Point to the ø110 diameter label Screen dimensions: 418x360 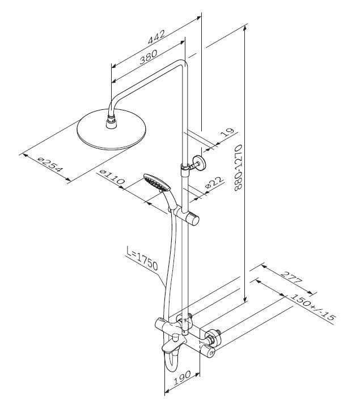coord(112,179)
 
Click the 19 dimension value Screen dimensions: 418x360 coord(226,134)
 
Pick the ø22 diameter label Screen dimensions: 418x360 coord(214,183)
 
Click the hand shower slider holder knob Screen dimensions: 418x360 coord(194,218)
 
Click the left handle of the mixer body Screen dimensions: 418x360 coord(160,325)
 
